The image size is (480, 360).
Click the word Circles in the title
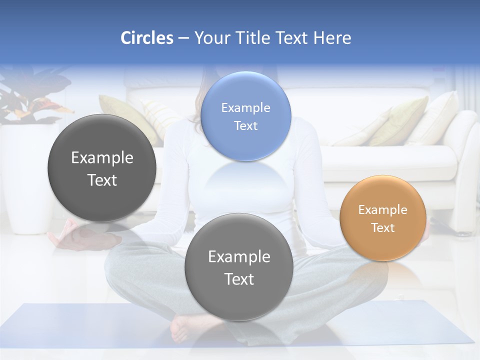click(147, 38)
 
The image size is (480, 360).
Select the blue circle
click(245, 116)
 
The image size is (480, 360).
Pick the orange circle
click(382, 218)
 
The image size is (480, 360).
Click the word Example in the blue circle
click(245, 107)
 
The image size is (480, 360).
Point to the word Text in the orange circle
click(383, 228)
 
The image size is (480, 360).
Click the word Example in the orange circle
click(382, 210)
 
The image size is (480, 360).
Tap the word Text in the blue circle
click(245, 126)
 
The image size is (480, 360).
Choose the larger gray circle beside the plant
click(102, 168)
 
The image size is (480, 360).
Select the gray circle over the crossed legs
click(239, 267)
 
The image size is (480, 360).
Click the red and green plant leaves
click(30, 100)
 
